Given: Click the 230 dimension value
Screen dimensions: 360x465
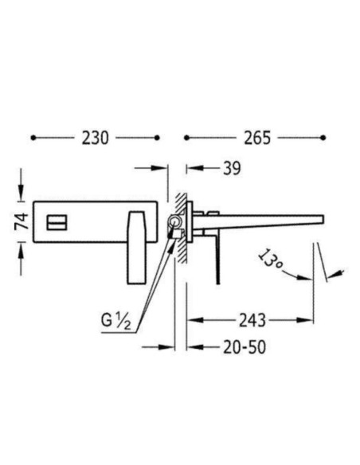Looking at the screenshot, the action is pyautogui.click(x=96, y=139).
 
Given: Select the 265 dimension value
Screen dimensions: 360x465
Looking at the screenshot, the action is pyautogui.click(x=257, y=139).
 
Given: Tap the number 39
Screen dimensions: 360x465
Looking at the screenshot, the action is pyautogui.click(x=232, y=169).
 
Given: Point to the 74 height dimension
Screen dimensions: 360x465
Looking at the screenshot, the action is pyautogui.click(x=22, y=221).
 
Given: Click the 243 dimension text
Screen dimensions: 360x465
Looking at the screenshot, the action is pyautogui.click(x=252, y=320).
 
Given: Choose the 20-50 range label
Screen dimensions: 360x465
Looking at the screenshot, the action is pyautogui.click(x=245, y=347).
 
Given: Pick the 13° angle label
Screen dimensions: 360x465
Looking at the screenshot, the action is pyautogui.click(x=270, y=260).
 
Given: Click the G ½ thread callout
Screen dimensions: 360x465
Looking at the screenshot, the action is pyautogui.click(x=116, y=321).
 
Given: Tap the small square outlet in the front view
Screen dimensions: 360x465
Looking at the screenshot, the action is pyautogui.click(x=57, y=222).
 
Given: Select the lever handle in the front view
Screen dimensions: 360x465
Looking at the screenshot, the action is pyautogui.click(x=137, y=248).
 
